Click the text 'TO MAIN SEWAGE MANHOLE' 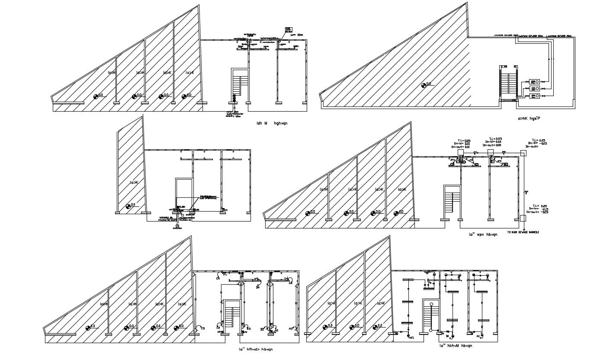coord(523,232)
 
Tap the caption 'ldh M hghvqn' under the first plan coord(272,123)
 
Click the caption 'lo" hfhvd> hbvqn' coord(256,349)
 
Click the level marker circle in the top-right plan coord(424,85)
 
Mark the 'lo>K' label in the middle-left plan coord(134,183)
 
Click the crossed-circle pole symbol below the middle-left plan coord(177,226)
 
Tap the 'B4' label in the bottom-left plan coord(257,287)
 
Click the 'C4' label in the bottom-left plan coord(218,279)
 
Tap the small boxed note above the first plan coord(288,29)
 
